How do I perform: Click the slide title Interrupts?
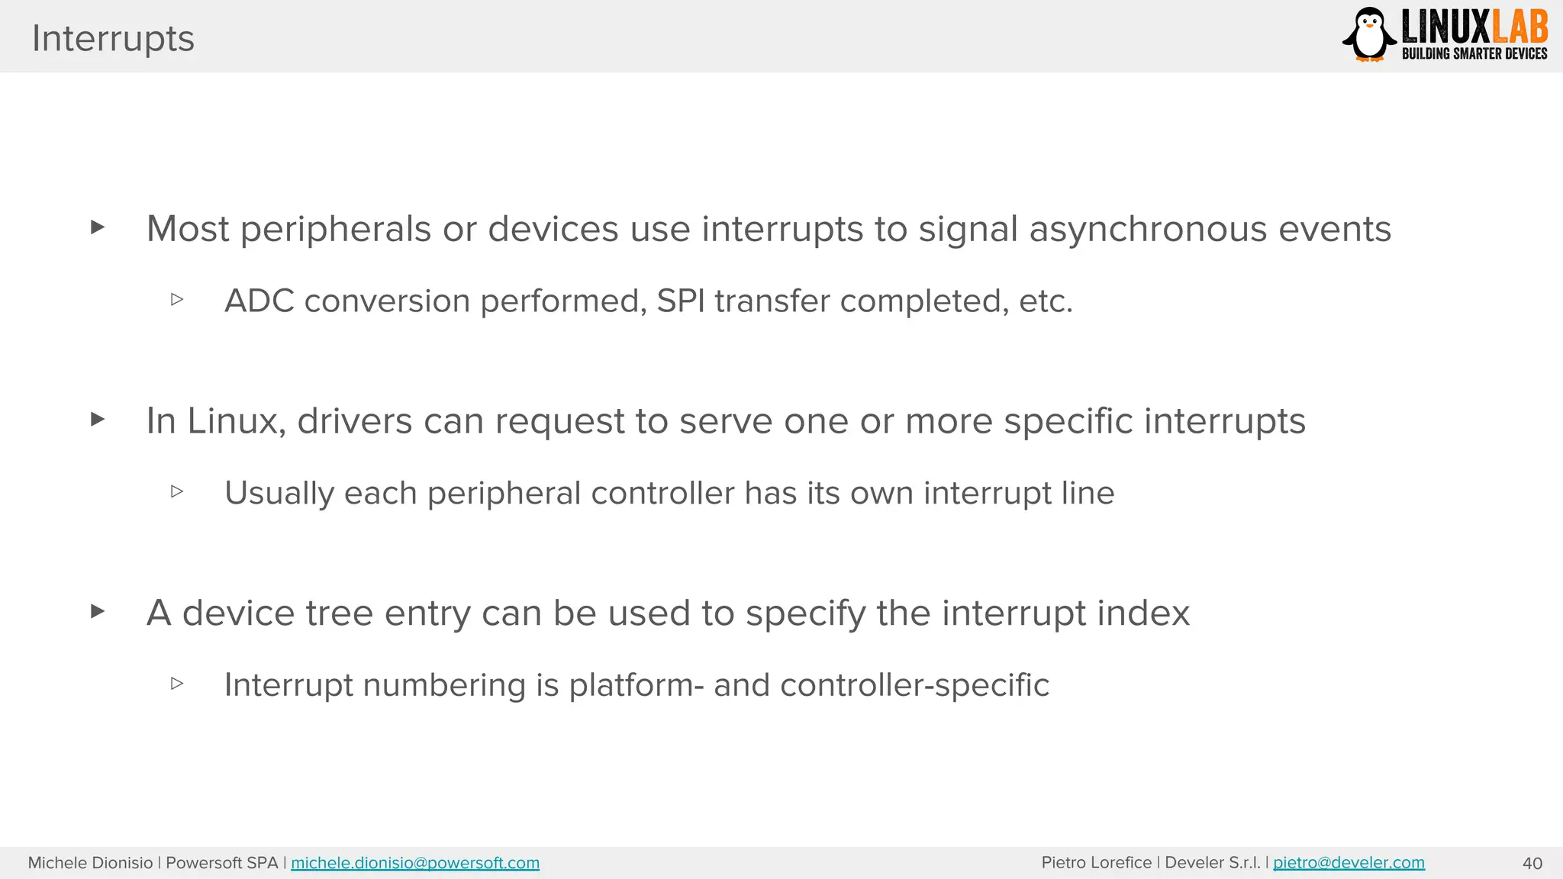click(113, 38)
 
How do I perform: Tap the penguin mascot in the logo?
click(1369, 34)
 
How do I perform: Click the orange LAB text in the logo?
click(1519, 27)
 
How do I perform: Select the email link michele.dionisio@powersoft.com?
click(415, 863)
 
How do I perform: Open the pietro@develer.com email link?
click(1349, 863)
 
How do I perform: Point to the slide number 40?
click(1532, 864)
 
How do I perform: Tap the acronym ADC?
click(259, 301)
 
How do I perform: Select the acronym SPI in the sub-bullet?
click(680, 301)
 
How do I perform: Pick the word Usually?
click(279, 494)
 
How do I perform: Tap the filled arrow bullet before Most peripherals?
click(97, 227)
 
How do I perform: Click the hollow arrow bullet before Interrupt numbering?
click(177, 683)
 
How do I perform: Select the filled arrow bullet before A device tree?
click(97, 611)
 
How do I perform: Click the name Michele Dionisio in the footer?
click(90, 863)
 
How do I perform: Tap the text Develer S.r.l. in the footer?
click(1212, 863)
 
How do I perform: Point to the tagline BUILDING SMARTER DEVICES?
click(1474, 53)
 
